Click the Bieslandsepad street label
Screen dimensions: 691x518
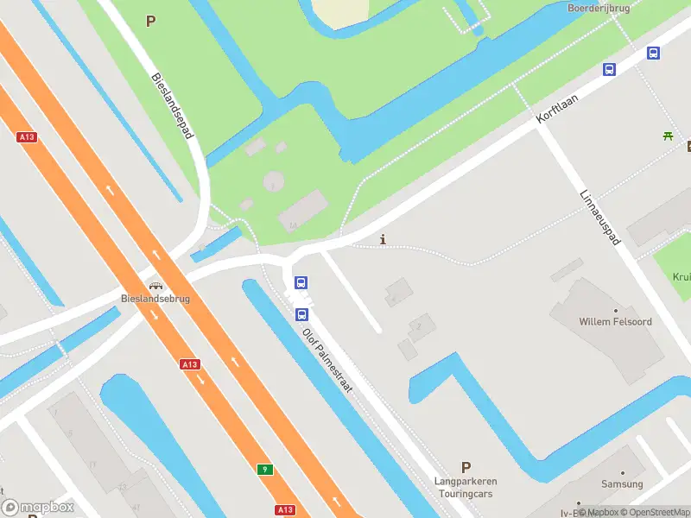[x=173, y=105]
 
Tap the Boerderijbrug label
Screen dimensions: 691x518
[x=599, y=8]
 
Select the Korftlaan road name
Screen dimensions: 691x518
[x=557, y=109]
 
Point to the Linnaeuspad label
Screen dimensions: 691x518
[x=600, y=217]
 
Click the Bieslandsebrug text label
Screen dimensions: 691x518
[x=155, y=299]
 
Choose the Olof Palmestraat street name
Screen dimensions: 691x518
[x=327, y=360]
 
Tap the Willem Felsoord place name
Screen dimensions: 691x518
[x=615, y=322]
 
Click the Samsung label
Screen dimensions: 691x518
[x=622, y=484]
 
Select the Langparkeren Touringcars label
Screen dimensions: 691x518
[x=466, y=487]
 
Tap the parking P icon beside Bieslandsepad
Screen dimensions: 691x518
[x=151, y=22]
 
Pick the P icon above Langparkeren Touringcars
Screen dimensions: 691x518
[x=466, y=467]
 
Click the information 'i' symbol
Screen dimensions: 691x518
[x=383, y=239]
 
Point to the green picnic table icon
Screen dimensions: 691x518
[x=668, y=135]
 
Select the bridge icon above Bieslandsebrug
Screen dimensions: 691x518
[x=155, y=286]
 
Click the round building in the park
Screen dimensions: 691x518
[x=273, y=181]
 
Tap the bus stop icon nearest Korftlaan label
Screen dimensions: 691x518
[x=609, y=70]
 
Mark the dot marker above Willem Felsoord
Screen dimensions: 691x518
[x=615, y=310]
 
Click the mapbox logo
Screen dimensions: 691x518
[x=37, y=508]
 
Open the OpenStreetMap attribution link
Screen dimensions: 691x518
[x=656, y=512]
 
